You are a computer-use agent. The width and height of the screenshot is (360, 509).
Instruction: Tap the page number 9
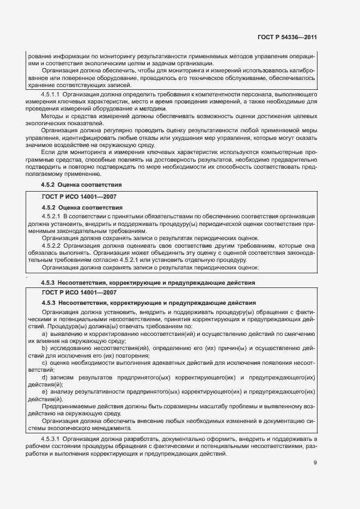pos(315,463)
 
